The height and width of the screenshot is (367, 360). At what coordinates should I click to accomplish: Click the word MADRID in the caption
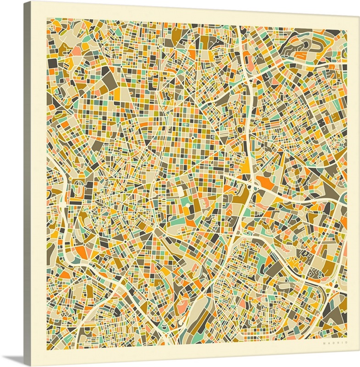click(335, 342)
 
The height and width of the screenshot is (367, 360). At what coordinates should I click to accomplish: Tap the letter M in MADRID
click(324, 342)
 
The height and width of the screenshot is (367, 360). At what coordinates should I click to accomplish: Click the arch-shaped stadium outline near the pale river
click(79, 189)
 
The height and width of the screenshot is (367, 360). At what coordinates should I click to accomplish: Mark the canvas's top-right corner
click(359, 15)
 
